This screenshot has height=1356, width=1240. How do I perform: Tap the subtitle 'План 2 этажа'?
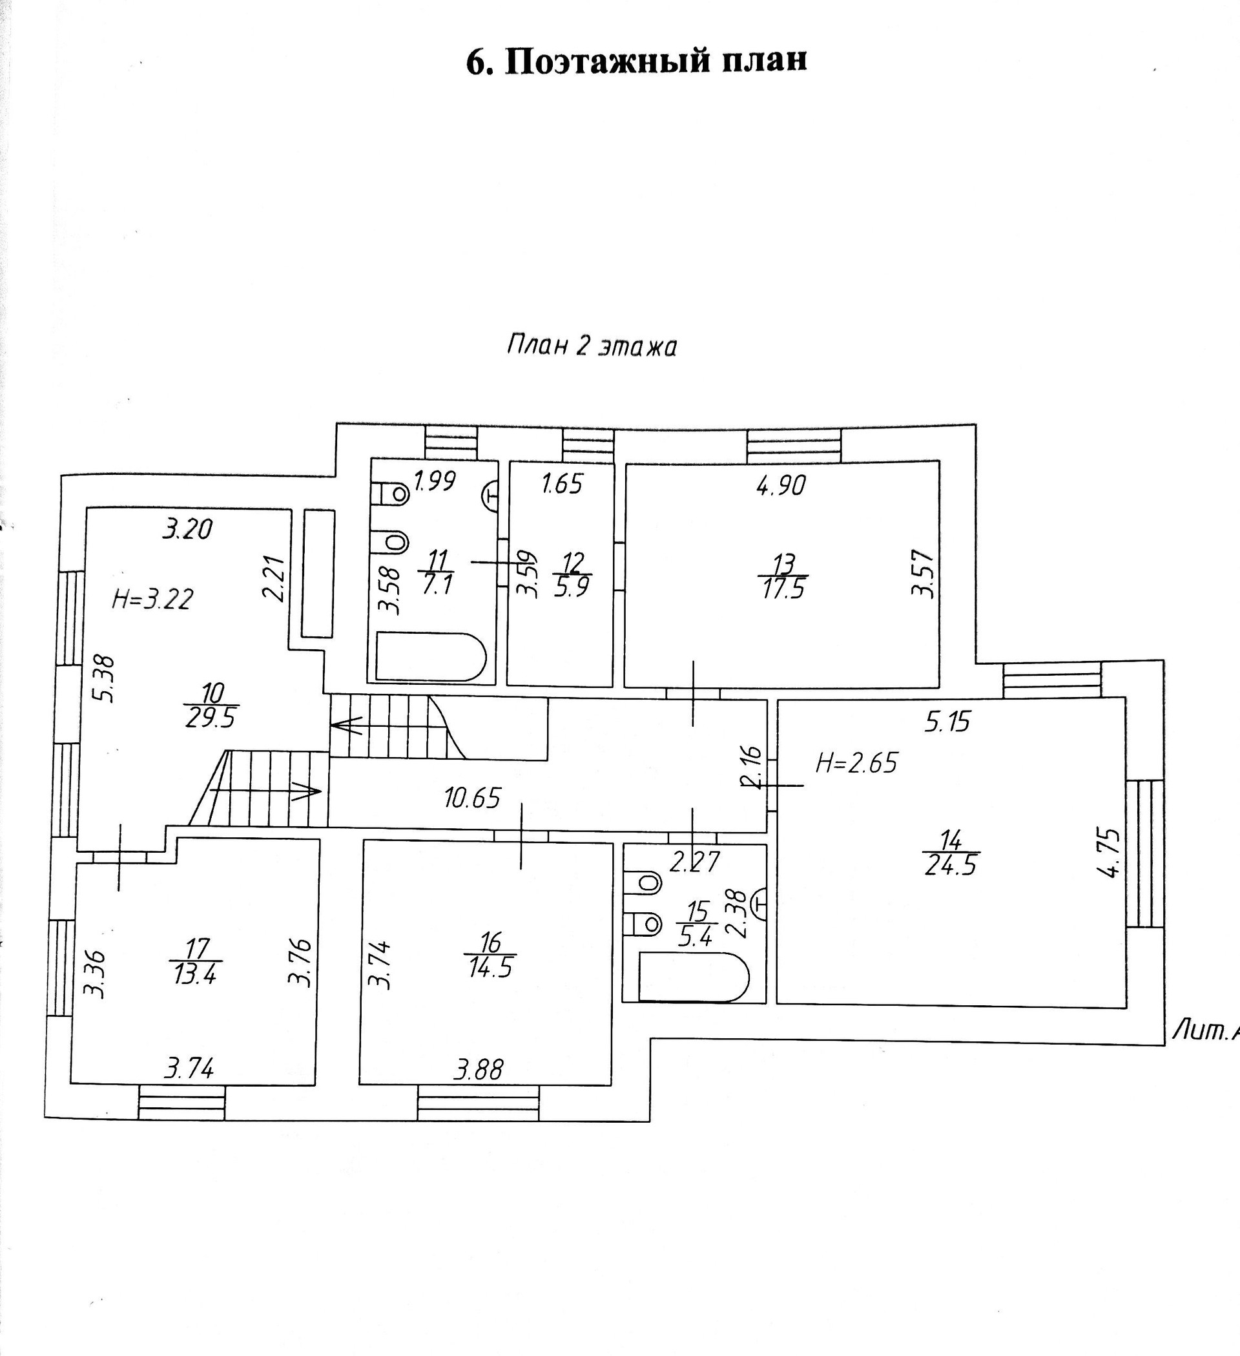click(590, 346)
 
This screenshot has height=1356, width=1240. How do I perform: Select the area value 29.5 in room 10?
click(211, 718)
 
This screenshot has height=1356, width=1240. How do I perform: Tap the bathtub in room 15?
click(693, 977)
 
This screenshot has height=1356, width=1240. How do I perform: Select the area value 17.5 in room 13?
click(783, 589)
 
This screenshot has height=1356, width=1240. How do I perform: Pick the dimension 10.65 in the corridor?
click(472, 798)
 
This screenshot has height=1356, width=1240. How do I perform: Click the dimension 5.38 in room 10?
click(107, 680)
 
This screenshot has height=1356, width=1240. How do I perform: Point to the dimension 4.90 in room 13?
click(780, 485)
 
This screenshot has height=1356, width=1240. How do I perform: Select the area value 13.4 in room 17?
click(195, 974)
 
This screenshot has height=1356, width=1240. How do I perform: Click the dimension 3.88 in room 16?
click(477, 1069)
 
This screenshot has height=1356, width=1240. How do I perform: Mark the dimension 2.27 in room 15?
click(696, 862)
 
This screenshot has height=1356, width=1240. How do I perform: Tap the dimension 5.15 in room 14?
click(947, 722)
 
